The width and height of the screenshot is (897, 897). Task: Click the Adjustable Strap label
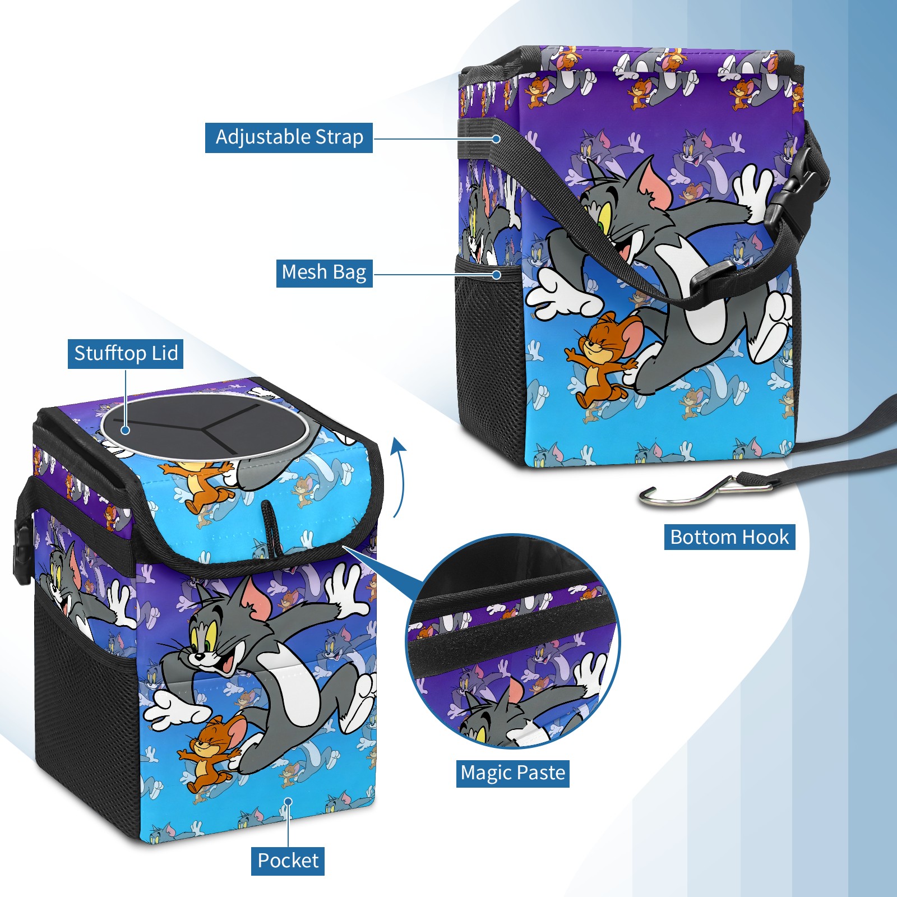[289, 137]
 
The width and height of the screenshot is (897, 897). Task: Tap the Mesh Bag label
[324, 272]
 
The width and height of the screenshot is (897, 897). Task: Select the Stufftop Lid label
[126, 354]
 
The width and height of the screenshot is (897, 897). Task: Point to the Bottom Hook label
[729, 537]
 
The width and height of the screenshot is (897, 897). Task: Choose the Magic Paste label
[512, 773]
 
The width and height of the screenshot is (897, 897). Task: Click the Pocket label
[288, 861]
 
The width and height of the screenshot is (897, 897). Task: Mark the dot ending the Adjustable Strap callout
[496, 138]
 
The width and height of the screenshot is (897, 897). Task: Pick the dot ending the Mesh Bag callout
[496, 274]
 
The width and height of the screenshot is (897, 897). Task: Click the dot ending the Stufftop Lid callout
[126, 430]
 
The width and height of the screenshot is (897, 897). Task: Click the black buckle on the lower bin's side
[21, 552]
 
